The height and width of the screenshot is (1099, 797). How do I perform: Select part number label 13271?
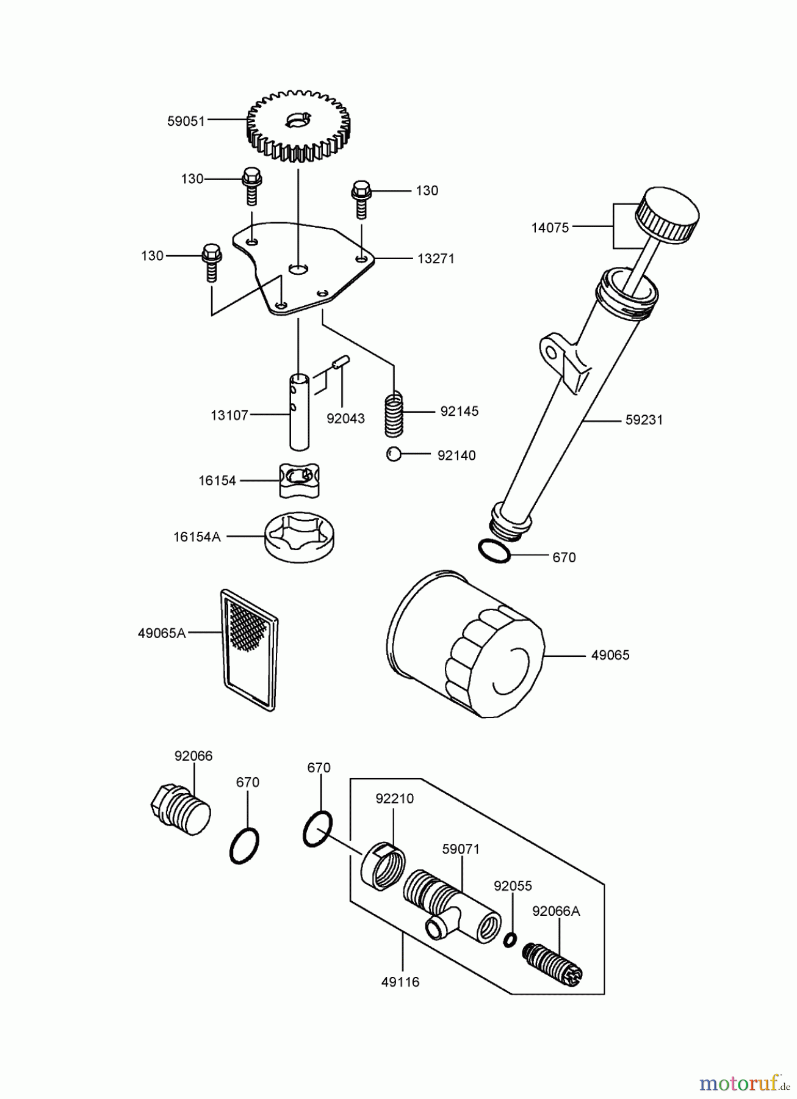click(436, 258)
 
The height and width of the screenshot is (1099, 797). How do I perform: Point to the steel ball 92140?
click(394, 455)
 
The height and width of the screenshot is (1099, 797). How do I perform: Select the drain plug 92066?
click(181, 810)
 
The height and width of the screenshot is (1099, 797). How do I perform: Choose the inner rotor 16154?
click(300, 480)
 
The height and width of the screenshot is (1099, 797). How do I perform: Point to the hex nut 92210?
click(383, 862)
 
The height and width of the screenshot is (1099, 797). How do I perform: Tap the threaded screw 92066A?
click(554, 963)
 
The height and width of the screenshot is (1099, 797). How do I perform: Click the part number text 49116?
click(400, 982)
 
